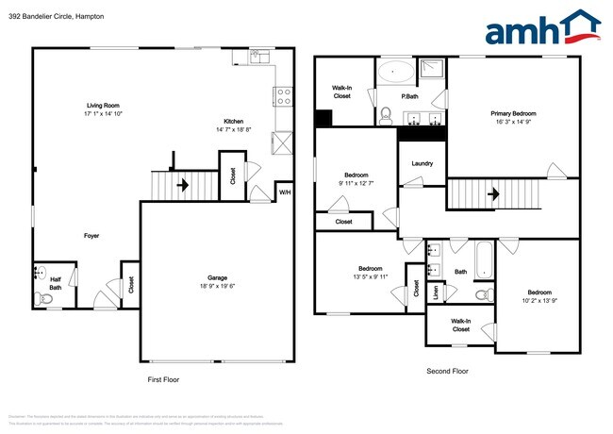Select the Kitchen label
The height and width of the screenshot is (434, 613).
coord(234,121)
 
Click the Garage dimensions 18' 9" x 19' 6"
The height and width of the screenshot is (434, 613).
coord(220,286)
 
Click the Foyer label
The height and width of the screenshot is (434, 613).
coord(91,236)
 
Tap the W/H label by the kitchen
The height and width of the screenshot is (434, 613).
coord(284,192)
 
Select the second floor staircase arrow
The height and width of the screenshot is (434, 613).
coord(492,194)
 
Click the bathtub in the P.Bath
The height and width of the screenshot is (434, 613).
coord(395,71)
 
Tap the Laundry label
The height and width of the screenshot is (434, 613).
coord(422,163)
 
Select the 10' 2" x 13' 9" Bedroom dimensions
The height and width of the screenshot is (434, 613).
coord(539,299)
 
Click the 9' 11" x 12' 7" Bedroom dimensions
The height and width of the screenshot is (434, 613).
coord(356,183)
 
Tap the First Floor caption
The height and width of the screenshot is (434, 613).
coord(163,379)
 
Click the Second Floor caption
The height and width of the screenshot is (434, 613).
coord(447,371)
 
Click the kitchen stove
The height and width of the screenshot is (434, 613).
coord(282,95)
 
